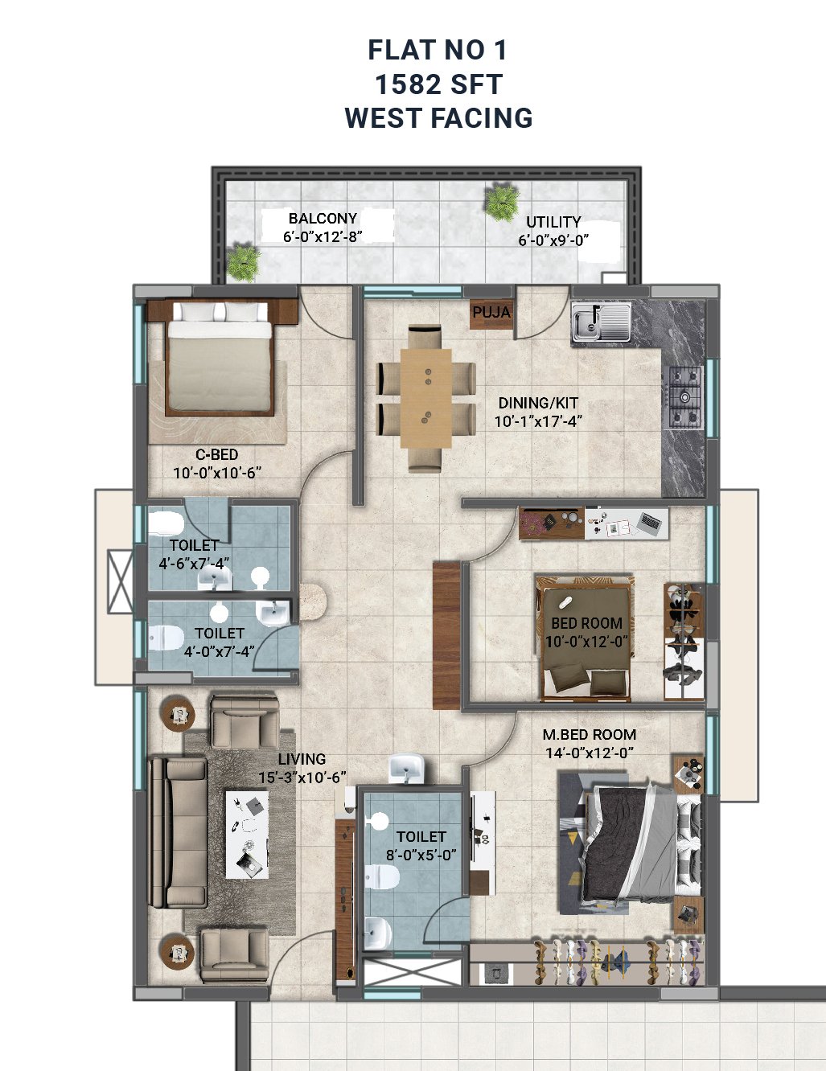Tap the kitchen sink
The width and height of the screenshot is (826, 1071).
coord(601,322)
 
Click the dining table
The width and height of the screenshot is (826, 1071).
coord(425,398)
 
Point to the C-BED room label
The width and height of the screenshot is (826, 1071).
coord(217,454)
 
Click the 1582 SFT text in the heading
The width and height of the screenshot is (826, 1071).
coord(438,84)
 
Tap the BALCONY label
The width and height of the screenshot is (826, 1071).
coord(323,219)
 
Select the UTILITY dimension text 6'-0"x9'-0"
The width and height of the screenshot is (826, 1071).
coord(553,240)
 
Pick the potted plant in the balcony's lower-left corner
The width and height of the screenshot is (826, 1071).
coord(243,262)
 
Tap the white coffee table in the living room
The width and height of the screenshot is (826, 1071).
coord(248,835)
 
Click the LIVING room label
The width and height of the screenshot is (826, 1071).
coord(302,759)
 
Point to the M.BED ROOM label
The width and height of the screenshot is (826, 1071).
coord(590,735)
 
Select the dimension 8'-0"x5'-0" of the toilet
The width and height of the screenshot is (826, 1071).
coord(421,855)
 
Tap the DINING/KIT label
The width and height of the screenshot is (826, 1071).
coord(538,403)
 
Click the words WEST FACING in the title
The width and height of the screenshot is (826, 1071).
coord(438,118)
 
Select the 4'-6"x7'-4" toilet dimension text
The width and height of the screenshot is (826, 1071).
coord(194,564)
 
